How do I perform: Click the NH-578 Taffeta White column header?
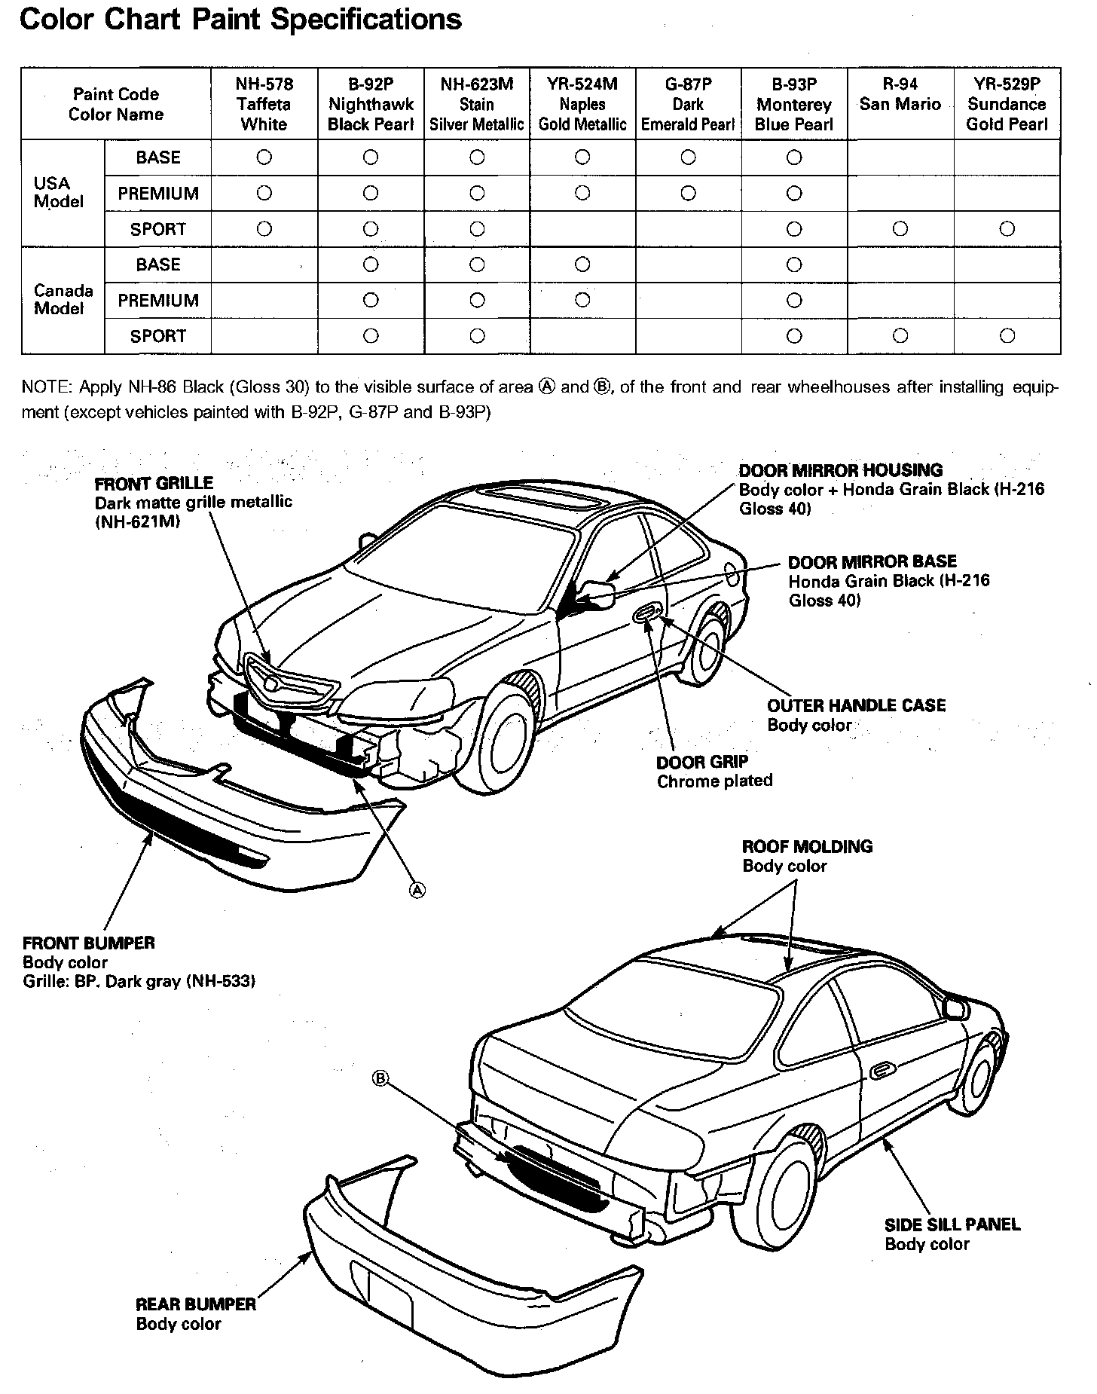tap(264, 104)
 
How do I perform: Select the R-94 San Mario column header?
tap(900, 94)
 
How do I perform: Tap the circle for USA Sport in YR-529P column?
tap(1007, 229)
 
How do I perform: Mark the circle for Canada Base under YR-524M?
tap(582, 264)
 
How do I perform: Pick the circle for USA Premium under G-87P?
tap(688, 194)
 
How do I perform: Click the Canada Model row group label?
tap(63, 299)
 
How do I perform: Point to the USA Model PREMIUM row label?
tap(158, 194)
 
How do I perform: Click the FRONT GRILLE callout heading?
tap(154, 483)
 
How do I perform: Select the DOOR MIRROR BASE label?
tap(872, 561)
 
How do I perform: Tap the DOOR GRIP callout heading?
tap(702, 762)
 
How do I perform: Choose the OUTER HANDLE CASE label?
tap(856, 705)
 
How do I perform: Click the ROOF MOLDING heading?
tap(807, 846)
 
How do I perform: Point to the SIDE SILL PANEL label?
tap(952, 1224)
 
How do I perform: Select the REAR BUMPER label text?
tap(196, 1304)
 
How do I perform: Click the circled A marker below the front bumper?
tap(417, 890)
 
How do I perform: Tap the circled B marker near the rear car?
tap(380, 1079)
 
